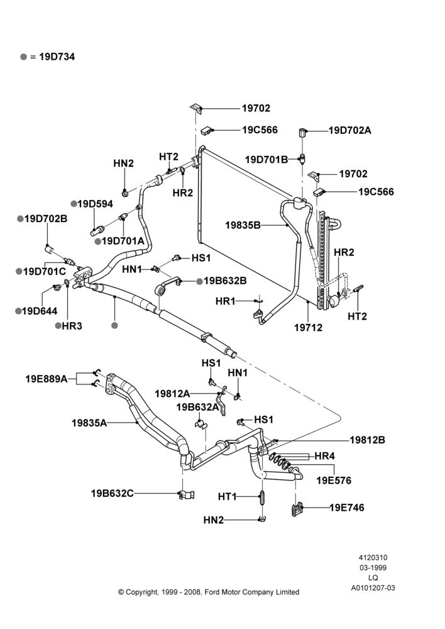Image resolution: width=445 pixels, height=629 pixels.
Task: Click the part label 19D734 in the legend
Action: tap(57, 57)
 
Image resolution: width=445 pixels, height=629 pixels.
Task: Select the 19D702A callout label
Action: tap(350, 130)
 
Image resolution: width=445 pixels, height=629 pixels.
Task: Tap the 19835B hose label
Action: tap(243, 225)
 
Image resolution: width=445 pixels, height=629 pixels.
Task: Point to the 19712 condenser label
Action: tap(308, 327)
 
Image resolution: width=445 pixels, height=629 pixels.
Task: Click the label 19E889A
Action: tap(47, 379)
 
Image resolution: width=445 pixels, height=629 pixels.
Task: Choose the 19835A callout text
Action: tap(89, 423)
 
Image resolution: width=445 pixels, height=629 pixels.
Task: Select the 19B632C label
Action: tap(113, 493)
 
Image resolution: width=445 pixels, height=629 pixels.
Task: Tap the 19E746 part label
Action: tap(347, 508)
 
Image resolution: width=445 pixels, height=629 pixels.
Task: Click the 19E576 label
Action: tap(334, 480)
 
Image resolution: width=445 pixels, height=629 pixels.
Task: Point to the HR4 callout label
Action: tap(325, 456)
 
